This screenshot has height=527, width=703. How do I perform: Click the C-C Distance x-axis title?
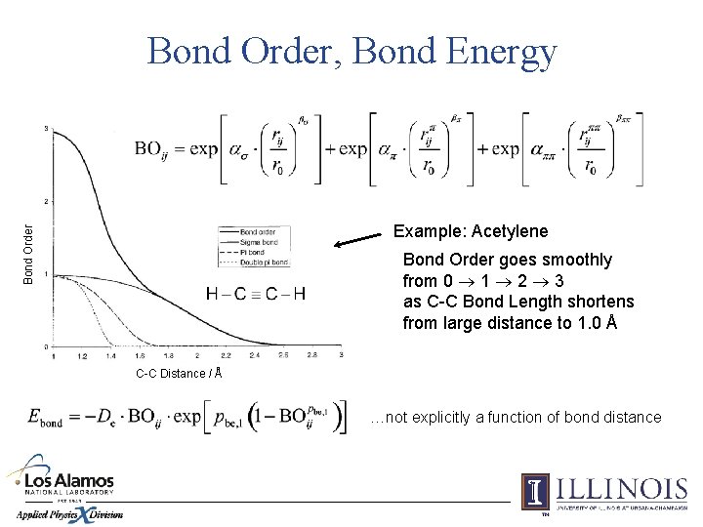click(x=179, y=373)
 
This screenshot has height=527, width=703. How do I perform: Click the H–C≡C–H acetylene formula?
click(x=256, y=293)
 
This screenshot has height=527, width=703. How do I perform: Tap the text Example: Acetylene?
click(x=470, y=231)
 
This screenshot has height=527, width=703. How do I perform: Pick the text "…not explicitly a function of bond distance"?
click(x=516, y=418)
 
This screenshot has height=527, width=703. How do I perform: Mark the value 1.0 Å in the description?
click(x=593, y=323)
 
